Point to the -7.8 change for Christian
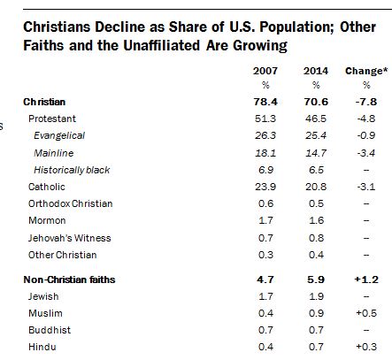click(x=364, y=102)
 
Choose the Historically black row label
click(x=72, y=169)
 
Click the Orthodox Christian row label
click(x=70, y=203)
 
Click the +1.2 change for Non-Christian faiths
click(x=364, y=279)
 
